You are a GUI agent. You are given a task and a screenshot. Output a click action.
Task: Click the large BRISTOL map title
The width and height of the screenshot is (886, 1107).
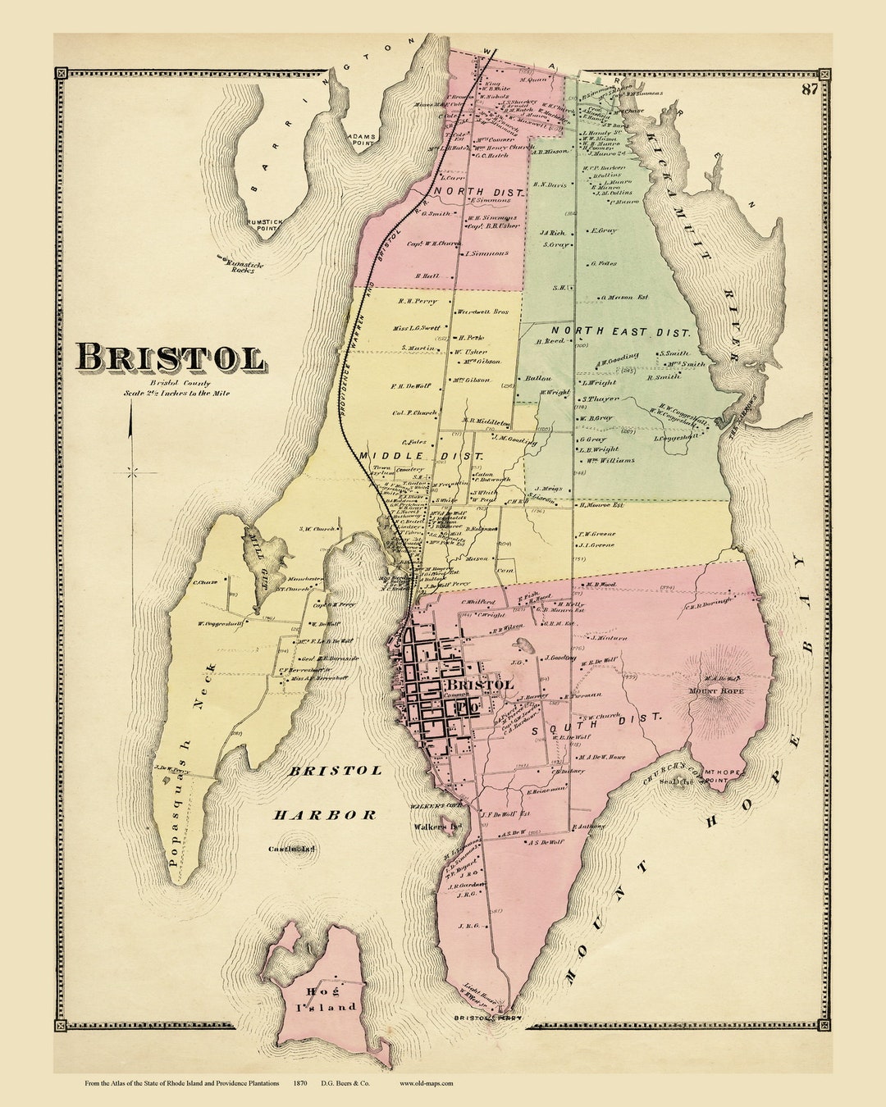pyautogui.click(x=171, y=358)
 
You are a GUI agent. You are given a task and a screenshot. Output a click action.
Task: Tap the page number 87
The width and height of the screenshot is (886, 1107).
pyautogui.click(x=809, y=89)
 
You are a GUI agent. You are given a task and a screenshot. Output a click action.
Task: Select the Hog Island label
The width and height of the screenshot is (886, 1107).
pyautogui.click(x=321, y=999)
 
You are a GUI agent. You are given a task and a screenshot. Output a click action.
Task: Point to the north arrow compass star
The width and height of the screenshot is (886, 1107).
pyautogui.click(x=131, y=471)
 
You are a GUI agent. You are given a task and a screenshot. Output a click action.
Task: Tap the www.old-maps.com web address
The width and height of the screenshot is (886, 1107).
pyautogui.click(x=426, y=1083)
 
